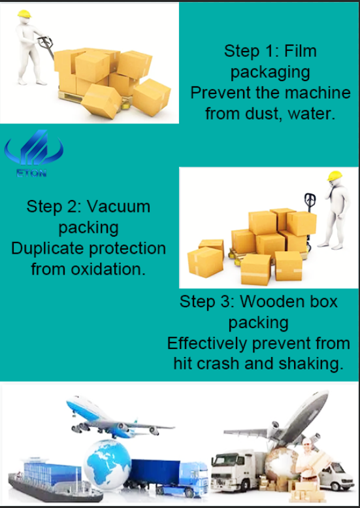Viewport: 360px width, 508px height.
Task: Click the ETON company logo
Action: click(34, 153)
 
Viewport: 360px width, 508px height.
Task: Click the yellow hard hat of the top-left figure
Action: click(24, 14)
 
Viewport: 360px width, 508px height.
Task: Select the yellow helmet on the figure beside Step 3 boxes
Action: click(335, 176)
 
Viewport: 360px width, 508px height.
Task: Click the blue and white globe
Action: click(107, 460)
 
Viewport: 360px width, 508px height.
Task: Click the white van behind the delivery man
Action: click(336, 475)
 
